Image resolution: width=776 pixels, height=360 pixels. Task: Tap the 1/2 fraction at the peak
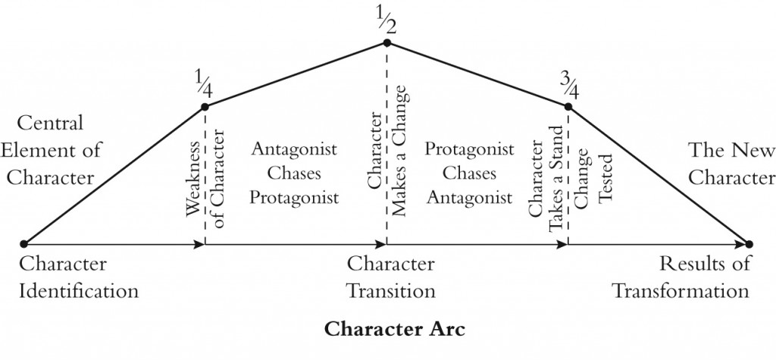(x=386, y=18)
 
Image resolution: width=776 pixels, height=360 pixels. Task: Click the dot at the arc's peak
(x=386, y=42)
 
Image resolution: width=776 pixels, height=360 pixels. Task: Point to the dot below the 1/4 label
(x=205, y=107)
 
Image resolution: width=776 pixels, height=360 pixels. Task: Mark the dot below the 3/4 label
(x=568, y=107)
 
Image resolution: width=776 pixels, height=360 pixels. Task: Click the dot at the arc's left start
(x=23, y=244)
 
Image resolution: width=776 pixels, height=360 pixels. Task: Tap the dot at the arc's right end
(x=749, y=244)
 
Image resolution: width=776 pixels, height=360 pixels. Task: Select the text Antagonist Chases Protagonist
(x=295, y=174)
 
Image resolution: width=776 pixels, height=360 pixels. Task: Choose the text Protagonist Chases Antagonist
(x=469, y=174)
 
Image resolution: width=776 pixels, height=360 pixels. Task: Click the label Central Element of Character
(x=52, y=150)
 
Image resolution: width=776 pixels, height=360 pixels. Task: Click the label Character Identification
(x=79, y=277)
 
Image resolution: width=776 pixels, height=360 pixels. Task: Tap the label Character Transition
(x=391, y=277)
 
